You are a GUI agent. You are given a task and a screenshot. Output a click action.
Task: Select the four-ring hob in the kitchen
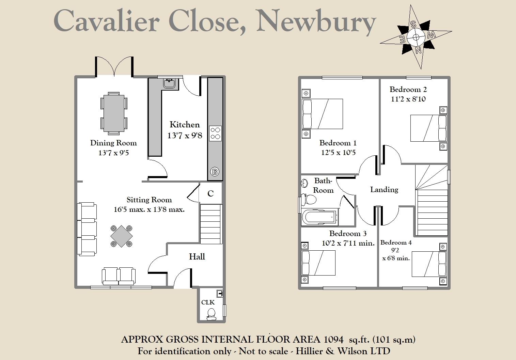(215, 133)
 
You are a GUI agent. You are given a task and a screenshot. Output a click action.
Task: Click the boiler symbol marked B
(215, 172)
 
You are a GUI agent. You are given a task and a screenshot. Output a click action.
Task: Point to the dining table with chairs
(114, 113)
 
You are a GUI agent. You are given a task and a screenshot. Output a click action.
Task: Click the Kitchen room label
(185, 125)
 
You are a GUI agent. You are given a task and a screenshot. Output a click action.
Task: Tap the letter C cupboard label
(210, 193)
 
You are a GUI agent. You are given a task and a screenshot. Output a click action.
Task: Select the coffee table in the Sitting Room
(121, 236)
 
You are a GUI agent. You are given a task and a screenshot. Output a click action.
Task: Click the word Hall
(197, 256)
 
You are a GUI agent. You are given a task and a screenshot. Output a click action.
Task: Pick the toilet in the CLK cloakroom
(211, 314)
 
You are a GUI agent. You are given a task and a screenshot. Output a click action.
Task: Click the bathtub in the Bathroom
(319, 217)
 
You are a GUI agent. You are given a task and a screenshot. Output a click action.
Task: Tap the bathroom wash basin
(304, 183)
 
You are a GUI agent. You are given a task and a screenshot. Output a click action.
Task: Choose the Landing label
(384, 189)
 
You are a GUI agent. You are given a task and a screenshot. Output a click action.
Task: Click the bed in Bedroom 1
(323, 114)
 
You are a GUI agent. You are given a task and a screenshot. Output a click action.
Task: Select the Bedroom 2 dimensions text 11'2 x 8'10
(408, 99)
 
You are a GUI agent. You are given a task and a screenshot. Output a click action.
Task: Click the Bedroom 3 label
(348, 234)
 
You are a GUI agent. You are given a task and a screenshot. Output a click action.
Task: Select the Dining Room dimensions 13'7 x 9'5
(113, 153)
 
